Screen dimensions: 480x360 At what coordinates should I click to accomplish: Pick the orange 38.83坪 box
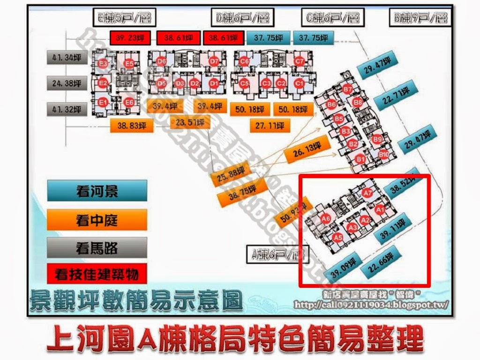132,125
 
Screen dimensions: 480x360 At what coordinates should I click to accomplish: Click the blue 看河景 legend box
97,191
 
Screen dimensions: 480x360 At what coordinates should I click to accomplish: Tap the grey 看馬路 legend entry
97,247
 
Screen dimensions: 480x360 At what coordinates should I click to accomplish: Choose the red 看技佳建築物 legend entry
97,274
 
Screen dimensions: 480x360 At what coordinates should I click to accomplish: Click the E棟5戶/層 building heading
124,18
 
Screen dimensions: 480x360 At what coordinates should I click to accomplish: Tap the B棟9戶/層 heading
420,18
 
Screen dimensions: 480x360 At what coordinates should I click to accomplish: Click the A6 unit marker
326,217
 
